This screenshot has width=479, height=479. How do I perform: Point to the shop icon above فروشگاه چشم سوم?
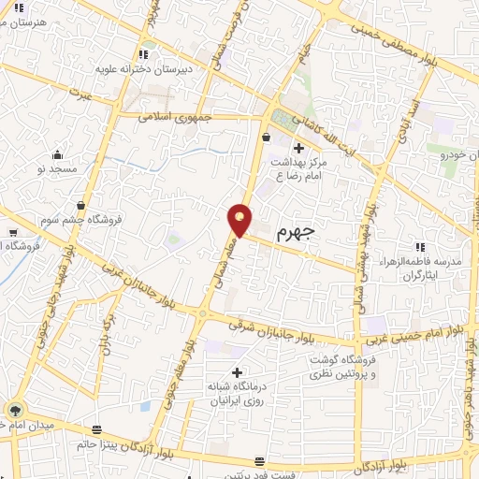click(81, 204)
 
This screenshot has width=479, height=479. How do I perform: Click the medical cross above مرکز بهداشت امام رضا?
click(298, 148)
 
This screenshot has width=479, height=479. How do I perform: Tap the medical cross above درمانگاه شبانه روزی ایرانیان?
click(236, 372)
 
